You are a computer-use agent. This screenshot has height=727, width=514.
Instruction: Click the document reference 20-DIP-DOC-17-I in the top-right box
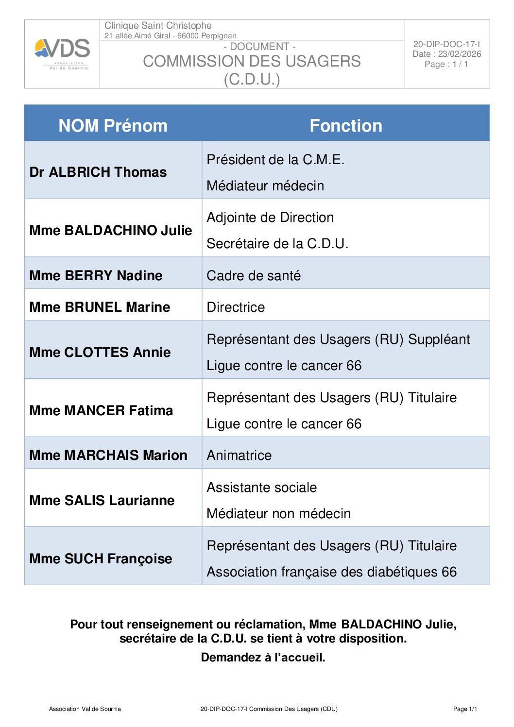coord(446,44)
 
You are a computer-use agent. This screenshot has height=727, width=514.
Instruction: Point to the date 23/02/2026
coord(459,54)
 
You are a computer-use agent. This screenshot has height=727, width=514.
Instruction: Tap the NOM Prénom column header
coord(113,125)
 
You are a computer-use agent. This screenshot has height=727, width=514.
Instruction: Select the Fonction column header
coord(346,125)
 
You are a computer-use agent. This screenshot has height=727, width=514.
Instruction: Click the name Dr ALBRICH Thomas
coord(98,172)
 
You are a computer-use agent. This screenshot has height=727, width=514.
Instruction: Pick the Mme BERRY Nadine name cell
coord(96,275)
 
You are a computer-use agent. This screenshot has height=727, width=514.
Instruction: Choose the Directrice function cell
coord(236,307)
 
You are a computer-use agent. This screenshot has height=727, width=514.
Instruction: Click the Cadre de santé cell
coord(254,275)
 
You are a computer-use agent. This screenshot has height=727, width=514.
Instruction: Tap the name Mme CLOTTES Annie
coord(100,352)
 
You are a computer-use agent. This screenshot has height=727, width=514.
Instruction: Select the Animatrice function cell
coord(239,455)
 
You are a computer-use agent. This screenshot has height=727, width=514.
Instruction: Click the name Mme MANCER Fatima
coord(101,410)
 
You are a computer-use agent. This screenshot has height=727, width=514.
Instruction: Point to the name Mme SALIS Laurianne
coord(102,500)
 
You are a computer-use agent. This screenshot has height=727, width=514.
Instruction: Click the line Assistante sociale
coord(261,487)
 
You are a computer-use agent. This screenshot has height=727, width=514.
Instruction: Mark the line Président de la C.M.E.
coord(275,159)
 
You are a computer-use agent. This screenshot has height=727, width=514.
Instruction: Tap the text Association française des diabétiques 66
coord(331,572)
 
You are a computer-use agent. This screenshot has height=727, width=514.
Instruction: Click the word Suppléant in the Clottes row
coord(439,339)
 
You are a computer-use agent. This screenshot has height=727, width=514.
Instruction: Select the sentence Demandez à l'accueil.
coord(263,657)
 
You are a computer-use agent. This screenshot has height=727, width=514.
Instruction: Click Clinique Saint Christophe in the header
coord(158,25)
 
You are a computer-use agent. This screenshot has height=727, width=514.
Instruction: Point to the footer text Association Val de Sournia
coord(85,709)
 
